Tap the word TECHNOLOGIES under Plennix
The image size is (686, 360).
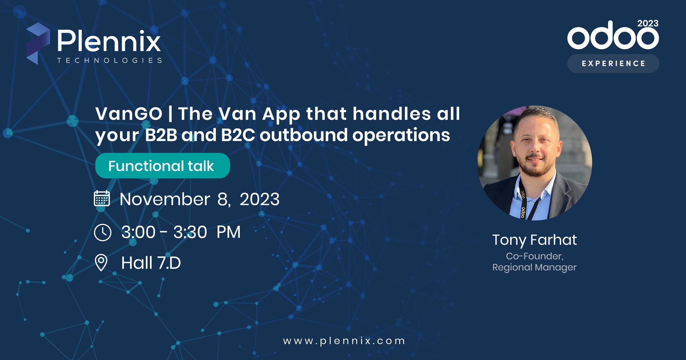110,60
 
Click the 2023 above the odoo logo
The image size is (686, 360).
648,24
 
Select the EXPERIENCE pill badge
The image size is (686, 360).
613,64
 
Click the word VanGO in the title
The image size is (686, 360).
129,114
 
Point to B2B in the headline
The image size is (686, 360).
161,135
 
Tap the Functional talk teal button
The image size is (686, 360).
163,166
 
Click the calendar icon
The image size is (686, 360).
102,199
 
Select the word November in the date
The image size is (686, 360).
165,199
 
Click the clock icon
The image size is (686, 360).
103,232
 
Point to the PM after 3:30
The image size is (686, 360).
229,232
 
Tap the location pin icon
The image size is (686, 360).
101,263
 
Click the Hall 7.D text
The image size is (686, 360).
151,263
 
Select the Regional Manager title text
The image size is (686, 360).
535,267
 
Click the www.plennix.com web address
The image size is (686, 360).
344,341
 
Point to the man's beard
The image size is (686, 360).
535,168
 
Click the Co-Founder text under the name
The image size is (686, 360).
535,256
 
